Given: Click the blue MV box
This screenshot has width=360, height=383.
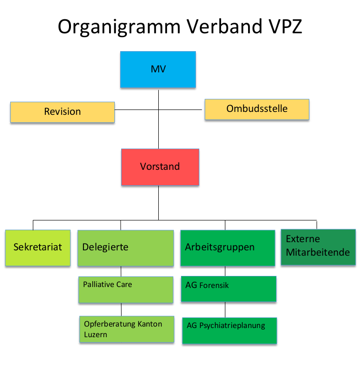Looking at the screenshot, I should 158,69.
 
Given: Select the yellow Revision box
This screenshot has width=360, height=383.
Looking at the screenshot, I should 62,112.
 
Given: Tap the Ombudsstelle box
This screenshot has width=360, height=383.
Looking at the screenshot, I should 257,109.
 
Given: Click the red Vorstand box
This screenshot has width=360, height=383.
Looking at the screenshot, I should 160,167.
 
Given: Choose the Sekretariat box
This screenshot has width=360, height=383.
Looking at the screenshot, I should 38,247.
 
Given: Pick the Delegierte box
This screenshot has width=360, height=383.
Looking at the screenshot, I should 125,247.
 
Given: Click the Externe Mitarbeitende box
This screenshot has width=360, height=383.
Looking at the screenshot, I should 317,246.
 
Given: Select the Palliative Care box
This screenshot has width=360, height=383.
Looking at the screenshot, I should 125,289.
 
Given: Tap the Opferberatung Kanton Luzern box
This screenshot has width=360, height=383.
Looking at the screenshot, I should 126,329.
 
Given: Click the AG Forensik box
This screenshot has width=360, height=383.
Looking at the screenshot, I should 228,289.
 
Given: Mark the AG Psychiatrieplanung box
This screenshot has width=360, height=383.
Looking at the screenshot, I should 229,330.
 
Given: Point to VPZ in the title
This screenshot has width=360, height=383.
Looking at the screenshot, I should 283,27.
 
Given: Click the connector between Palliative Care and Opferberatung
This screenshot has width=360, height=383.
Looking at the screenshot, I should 121,309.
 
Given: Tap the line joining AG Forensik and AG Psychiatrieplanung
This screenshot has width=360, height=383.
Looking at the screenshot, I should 225,310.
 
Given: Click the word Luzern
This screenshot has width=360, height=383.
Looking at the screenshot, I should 96,334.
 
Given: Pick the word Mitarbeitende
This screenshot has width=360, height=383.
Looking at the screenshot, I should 318,252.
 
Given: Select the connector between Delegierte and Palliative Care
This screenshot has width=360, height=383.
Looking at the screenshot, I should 121,271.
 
